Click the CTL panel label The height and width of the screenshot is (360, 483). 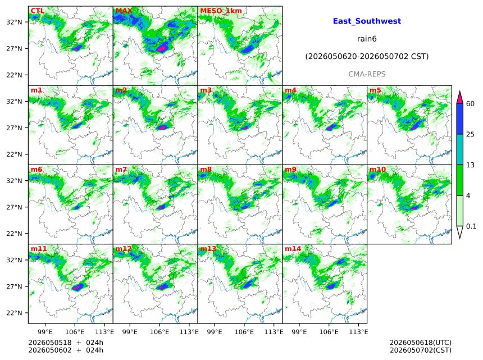[37, 11]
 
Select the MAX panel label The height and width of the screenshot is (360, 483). [124, 11]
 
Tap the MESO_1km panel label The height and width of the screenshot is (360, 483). [221, 11]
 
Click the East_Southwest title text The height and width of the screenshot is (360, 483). [367, 21]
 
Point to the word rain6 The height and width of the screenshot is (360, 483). [367, 39]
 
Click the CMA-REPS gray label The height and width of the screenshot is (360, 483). [367, 74]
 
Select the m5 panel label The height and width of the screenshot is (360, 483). [375, 90]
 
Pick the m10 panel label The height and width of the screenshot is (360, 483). [377, 170]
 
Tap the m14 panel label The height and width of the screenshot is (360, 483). [293, 249]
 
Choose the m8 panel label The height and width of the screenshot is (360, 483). [206, 170]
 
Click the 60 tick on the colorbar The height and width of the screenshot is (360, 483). [470, 104]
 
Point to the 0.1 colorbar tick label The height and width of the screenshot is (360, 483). [471, 226]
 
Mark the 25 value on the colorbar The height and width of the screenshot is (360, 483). [470, 134]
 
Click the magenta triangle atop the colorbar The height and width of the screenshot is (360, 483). [460, 98]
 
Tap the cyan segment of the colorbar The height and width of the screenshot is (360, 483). [460, 149]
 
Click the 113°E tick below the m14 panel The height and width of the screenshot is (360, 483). [359, 332]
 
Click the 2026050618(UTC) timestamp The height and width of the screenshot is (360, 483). [421, 343]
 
